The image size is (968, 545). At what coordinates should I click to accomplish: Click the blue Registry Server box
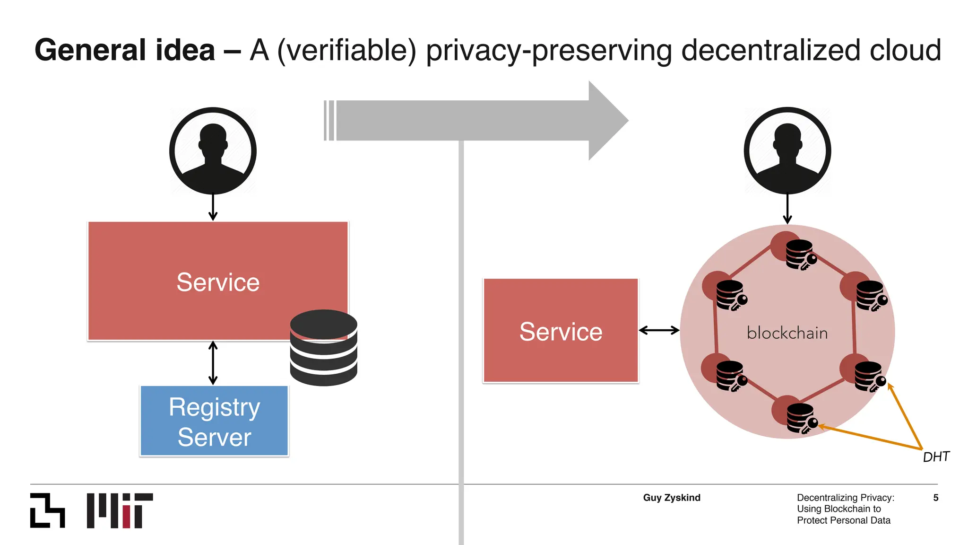[x=214, y=421]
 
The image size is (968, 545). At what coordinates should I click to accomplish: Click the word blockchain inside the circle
[x=787, y=333]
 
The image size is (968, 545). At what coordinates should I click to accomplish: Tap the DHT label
[x=936, y=457]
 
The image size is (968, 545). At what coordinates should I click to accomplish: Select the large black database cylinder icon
[x=323, y=348]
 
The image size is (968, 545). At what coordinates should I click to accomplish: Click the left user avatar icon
[x=213, y=151]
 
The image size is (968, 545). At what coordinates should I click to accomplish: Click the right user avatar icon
[x=787, y=151]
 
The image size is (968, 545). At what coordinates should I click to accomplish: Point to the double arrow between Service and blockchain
[x=659, y=330]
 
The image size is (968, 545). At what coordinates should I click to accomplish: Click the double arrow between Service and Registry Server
[x=213, y=363]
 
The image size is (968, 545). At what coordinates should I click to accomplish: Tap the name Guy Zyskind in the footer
[x=672, y=498]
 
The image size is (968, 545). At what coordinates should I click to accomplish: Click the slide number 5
[x=935, y=498]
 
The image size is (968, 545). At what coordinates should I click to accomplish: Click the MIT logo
[x=120, y=510]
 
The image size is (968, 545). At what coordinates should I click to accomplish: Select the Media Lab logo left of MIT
[x=47, y=510]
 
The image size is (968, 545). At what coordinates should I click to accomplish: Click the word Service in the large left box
[x=218, y=282]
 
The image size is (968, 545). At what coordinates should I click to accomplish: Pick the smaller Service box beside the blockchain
[x=561, y=331]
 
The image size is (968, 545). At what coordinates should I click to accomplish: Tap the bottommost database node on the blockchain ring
[x=801, y=418]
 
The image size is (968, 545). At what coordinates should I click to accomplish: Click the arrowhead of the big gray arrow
[x=607, y=121]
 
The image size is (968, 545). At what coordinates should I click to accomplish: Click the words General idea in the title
[x=125, y=50]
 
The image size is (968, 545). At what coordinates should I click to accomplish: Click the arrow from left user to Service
[x=213, y=207]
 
